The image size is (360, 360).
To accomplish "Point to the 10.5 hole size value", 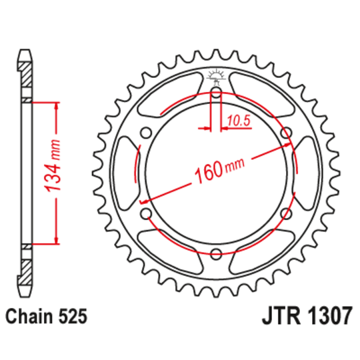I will tap(239, 121).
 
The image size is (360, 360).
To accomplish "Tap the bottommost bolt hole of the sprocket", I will tap(216, 253).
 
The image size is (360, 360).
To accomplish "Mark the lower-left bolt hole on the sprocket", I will tap(147, 213).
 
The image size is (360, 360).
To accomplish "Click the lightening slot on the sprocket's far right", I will tap(308, 173).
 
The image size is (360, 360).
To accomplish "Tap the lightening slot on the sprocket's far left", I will tap(124, 173).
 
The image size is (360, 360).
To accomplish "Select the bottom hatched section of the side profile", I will tap(25, 269).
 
